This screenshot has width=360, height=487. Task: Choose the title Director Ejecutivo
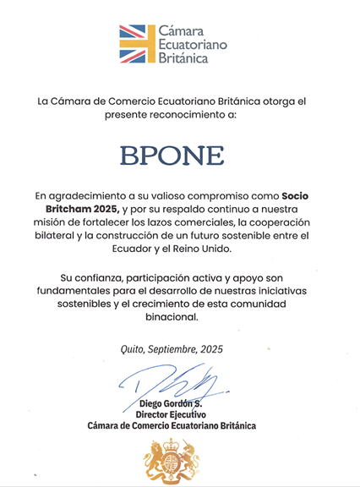coord(179,415)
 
